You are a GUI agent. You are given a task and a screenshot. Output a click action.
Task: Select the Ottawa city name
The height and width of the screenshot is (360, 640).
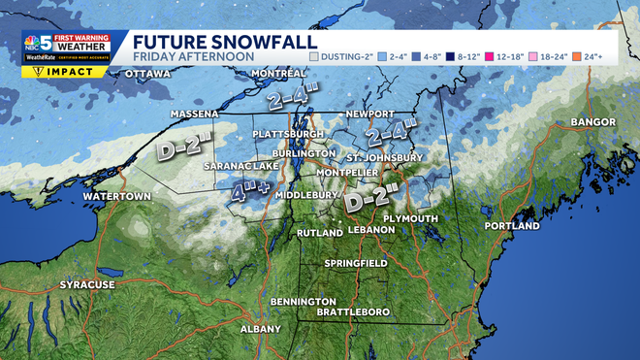click(x=148, y=74)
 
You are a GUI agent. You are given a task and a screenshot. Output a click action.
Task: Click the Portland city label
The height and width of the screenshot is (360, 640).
click(x=511, y=226)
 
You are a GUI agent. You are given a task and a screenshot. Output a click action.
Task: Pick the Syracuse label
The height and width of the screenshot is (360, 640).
click(x=87, y=284)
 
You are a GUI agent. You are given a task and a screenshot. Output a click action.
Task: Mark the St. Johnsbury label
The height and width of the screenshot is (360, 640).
click(x=385, y=157)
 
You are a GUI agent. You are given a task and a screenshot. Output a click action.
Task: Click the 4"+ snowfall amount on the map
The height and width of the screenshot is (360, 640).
click(x=250, y=191)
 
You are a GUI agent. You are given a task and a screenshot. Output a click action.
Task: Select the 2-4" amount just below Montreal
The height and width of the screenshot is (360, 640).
click(x=293, y=99)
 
